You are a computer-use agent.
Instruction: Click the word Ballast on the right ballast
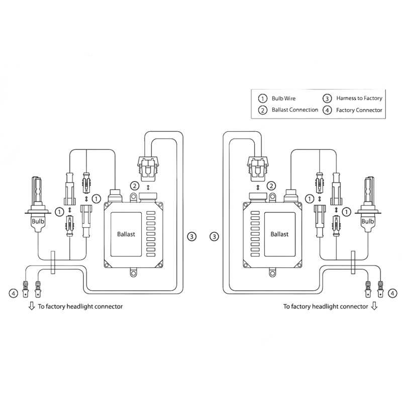[279, 234]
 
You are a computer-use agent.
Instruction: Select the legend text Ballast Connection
[294, 110]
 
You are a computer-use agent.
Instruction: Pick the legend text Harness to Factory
[359, 98]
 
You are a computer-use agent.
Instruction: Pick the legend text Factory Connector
[359, 110]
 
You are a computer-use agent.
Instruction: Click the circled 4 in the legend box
[328, 110]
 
